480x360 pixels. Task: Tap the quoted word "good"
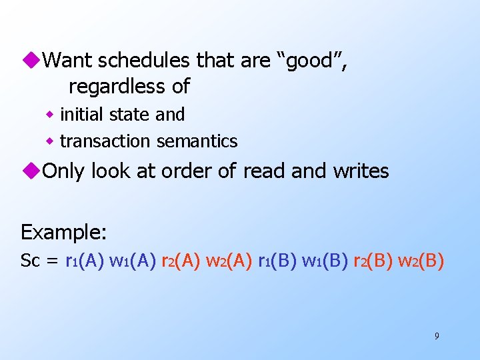[x=310, y=61]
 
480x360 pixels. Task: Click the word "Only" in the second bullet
[x=64, y=171]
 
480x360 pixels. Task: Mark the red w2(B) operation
[x=421, y=261]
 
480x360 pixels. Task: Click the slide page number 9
[x=437, y=336]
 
